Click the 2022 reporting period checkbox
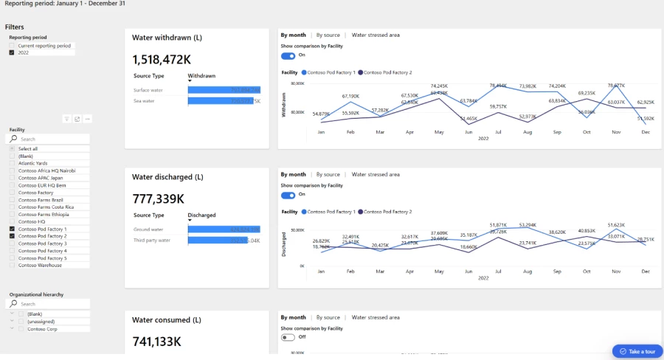tap(11, 53)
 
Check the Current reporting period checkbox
tap(11, 46)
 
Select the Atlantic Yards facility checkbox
tap(11, 163)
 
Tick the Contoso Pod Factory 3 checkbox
tap(11, 243)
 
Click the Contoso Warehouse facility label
tap(40, 265)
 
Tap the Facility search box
tap(52, 139)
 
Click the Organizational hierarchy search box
tap(52, 304)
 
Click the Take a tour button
tap(637, 351)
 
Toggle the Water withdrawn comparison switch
tap(288, 55)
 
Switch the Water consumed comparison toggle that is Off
tap(288, 337)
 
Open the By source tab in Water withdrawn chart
tap(328, 35)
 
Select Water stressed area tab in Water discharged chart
tap(376, 175)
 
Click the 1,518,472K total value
tap(162, 58)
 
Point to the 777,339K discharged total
tap(159, 198)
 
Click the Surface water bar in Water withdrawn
tap(224, 90)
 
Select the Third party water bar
tap(224, 240)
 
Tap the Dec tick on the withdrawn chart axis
tap(645, 132)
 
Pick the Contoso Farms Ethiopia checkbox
tap(11, 214)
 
